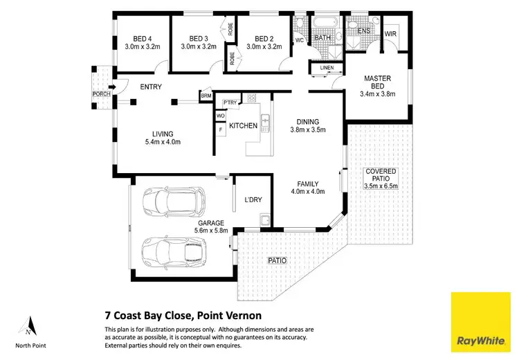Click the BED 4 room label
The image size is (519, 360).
(142, 39)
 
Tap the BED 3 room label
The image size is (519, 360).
(199, 39)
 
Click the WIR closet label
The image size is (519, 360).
(390, 33)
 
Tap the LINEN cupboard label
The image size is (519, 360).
(326, 67)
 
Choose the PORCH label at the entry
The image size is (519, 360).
(101, 94)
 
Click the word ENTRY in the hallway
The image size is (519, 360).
(151, 87)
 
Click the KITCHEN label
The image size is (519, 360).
(243, 126)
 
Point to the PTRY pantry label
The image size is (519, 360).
(230, 102)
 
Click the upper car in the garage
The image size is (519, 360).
(174, 201)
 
